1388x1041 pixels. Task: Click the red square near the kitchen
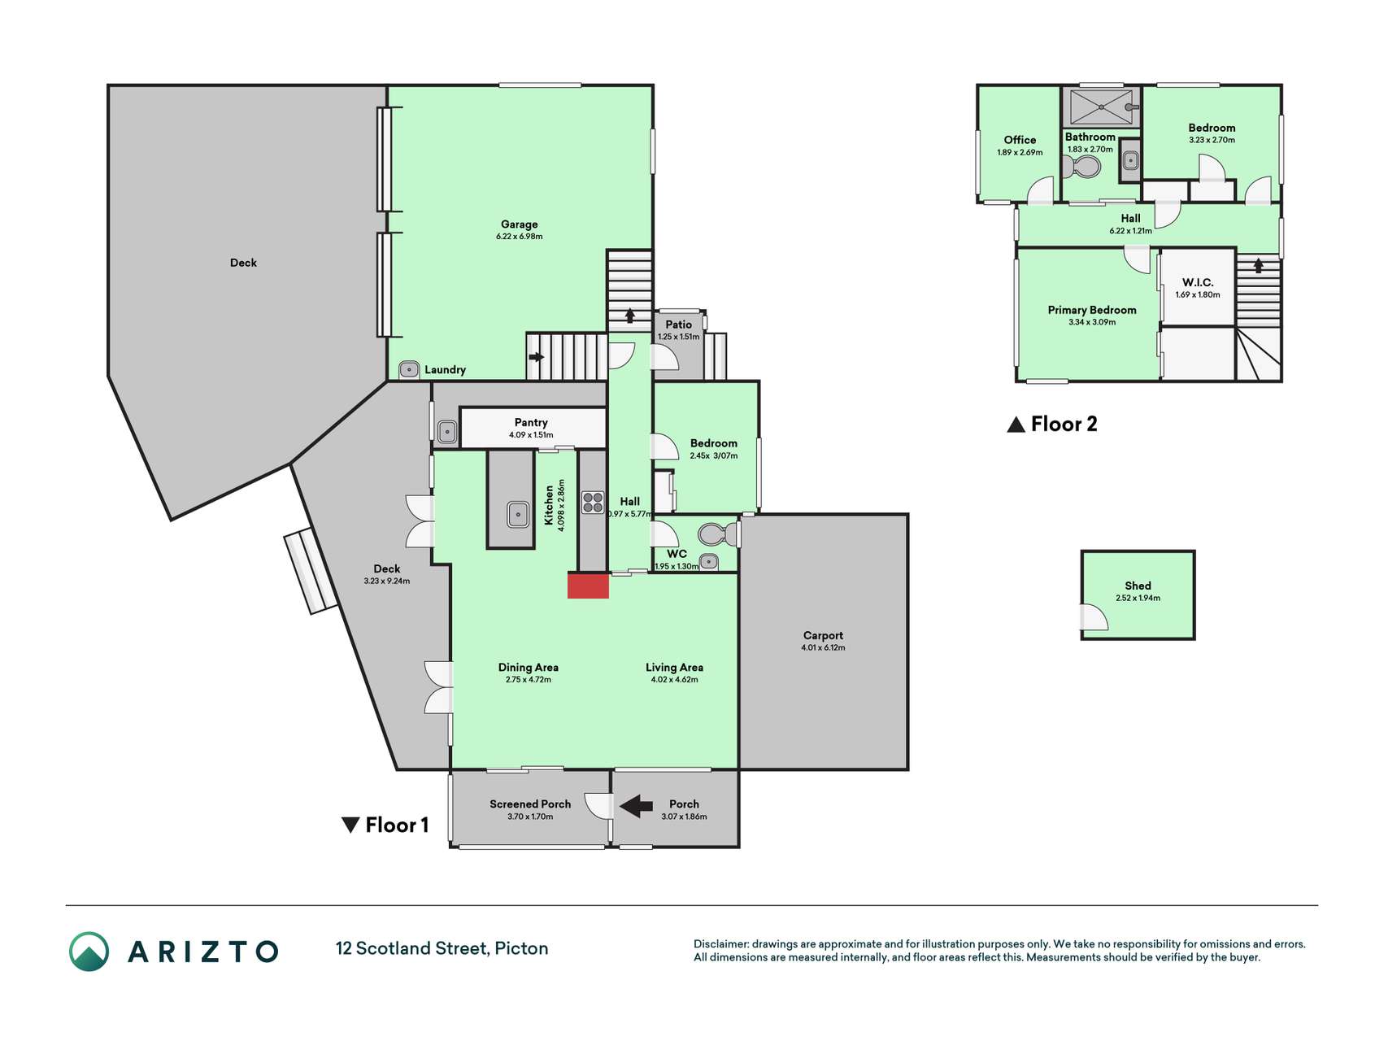588,586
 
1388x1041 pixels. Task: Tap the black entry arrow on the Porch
636,806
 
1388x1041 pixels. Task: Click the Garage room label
519,224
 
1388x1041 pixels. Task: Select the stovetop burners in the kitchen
593,503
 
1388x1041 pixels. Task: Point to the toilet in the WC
718,534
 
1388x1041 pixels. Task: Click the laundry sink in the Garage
409,369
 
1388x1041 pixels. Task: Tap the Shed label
1138,586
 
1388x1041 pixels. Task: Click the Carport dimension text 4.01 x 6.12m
823,648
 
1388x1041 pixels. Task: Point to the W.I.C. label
1198,282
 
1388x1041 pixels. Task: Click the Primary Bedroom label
1092,310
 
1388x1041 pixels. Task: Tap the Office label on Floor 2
1020,140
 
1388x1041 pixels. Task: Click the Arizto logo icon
89,952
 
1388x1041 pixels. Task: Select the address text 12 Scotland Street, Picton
442,948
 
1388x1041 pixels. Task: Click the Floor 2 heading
1052,424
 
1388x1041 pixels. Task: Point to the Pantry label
531,422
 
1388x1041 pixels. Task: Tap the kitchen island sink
518,514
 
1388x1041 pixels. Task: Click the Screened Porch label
530,804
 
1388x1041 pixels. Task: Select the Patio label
679,324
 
